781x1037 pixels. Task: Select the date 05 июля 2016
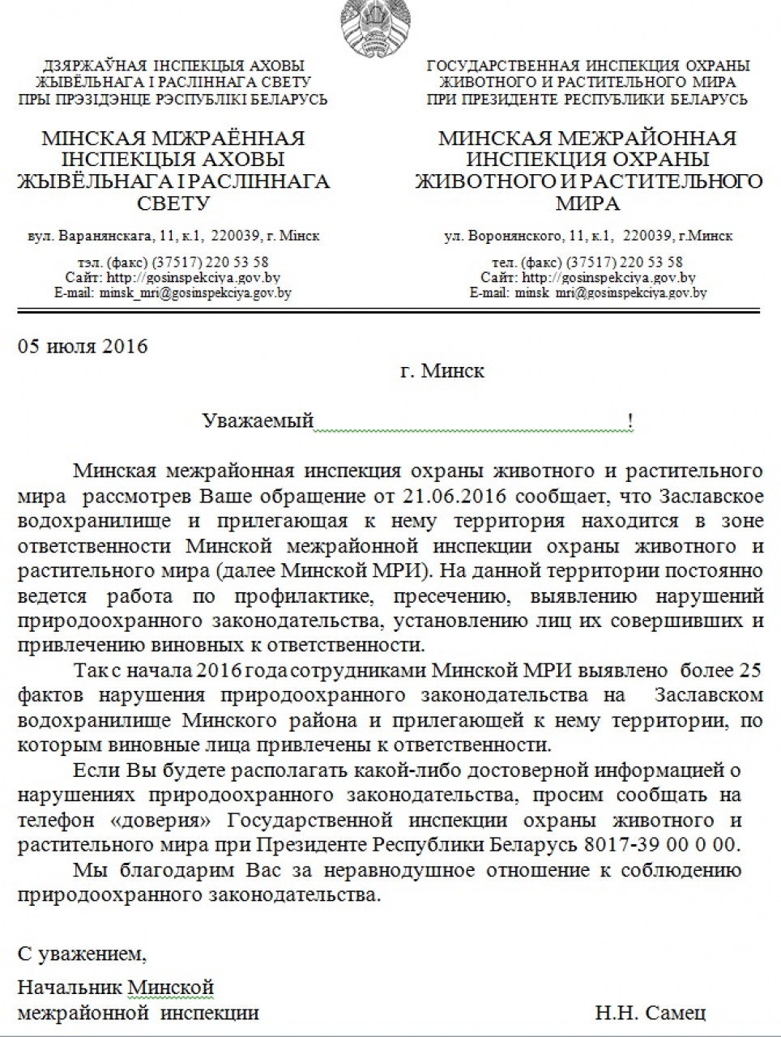pyautogui.click(x=83, y=346)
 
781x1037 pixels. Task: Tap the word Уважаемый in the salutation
pyautogui.click(x=258, y=420)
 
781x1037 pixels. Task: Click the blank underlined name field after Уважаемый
pyautogui.click(x=470, y=420)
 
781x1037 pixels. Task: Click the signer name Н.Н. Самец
pyautogui.click(x=650, y=1013)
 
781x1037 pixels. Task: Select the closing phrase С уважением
pyautogui.click(x=82, y=954)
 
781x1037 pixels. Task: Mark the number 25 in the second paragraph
pyautogui.click(x=750, y=671)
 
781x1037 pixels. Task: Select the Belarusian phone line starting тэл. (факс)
pyautogui.click(x=172, y=262)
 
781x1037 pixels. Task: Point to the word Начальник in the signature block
pyautogui.click(x=70, y=988)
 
